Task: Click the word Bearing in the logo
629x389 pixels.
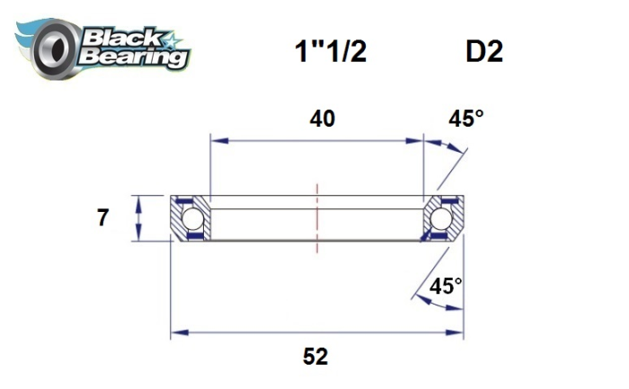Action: (135, 57)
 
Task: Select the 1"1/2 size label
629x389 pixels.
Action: (330, 51)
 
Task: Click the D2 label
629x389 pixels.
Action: (483, 51)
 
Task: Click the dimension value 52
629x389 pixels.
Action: (315, 356)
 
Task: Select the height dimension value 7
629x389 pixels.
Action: (103, 217)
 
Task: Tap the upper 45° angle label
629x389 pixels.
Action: (466, 119)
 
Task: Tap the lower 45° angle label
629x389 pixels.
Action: (446, 287)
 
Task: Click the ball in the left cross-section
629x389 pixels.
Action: (191, 218)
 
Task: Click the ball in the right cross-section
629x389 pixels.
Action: (439, 218)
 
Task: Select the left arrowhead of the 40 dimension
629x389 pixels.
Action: (217, 140)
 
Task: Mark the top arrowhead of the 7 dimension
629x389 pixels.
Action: (137, 199)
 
